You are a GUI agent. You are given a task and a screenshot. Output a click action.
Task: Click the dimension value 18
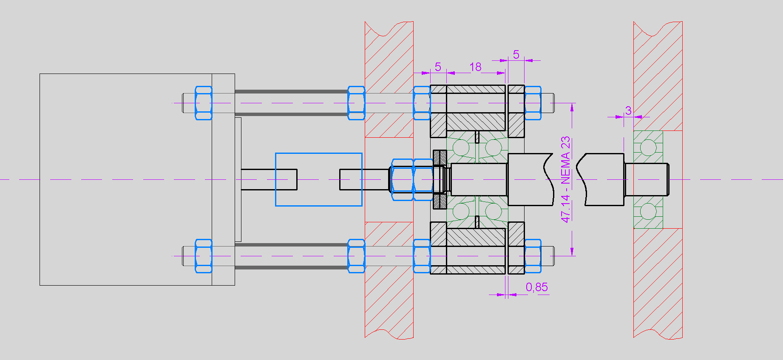tap(475, 67)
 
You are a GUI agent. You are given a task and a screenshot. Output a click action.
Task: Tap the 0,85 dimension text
tap(536, 287)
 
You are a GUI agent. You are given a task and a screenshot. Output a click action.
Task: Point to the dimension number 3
tap(628, 111)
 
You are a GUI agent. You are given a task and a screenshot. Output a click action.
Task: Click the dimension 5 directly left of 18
tap(438, 67)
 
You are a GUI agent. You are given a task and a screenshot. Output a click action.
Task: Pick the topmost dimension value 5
tap(516, 54)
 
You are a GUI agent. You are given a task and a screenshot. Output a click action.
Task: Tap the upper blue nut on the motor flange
tap(203, 103)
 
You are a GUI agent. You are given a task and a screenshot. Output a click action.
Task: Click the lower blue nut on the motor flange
tap(203, 256)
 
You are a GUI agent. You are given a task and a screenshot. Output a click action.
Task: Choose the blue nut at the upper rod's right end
tap(533, 103)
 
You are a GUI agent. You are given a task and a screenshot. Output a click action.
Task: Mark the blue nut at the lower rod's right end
tap(533, 256)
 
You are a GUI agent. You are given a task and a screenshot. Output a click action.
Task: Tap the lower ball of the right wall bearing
tap(648, 211)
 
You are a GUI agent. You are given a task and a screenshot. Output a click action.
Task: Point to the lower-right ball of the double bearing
tap(493, 211)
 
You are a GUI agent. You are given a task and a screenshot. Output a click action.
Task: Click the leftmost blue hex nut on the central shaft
tap(402, 179)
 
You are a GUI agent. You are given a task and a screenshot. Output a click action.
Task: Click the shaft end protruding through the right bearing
tap(647, 179)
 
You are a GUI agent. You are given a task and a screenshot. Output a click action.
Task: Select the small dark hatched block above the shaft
tap(440, 157)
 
